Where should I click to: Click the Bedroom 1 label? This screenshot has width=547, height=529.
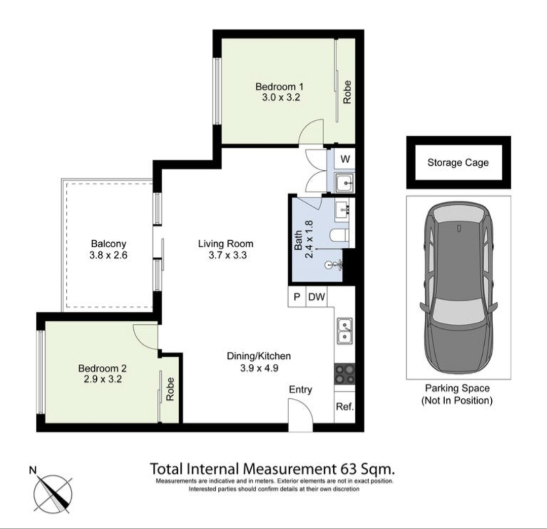(279, 86)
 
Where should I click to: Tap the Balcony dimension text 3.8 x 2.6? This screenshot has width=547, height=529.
(108, 255)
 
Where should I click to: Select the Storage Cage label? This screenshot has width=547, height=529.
(458, 163)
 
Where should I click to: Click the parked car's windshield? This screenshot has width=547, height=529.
(458, 312)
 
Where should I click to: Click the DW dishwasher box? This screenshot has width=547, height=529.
(317, 297)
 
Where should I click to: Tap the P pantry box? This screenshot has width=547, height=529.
(297, 297)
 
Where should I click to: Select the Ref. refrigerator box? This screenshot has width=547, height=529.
(345, 407)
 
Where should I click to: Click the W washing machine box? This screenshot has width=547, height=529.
(345, 159)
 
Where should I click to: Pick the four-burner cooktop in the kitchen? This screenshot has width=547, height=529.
(345, 374)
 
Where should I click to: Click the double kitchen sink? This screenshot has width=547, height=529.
(345, 331)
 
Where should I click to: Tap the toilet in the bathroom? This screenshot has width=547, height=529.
(339, 235)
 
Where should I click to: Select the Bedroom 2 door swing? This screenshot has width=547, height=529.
(146, 336)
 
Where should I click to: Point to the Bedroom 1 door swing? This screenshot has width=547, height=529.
(311, 131)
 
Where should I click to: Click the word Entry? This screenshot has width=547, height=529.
(300, 390)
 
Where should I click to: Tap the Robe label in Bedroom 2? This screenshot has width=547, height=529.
(170, 389)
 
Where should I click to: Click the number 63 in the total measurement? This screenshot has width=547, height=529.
(349, 469)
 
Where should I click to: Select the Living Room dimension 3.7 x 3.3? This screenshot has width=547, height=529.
(227, 255)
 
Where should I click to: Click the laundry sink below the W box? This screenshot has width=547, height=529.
(345, 182)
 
